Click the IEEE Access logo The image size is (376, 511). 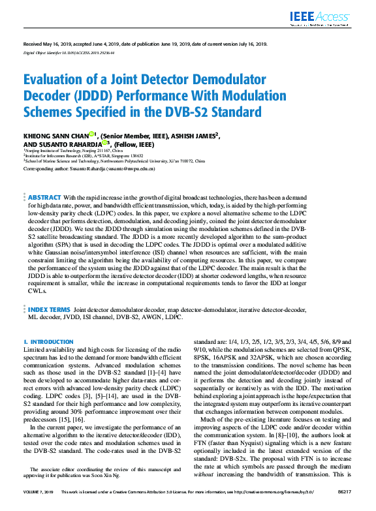point(322,18)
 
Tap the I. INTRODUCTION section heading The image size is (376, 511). point(48,342)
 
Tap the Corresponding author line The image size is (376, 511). point(89,168)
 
